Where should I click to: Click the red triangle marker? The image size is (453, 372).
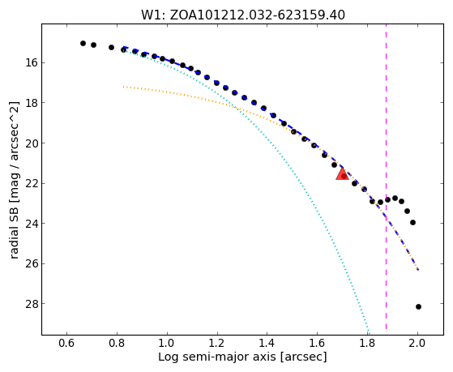[342, 174]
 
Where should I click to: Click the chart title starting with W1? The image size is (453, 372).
[243, 15]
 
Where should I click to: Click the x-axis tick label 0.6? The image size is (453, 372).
[66, 343]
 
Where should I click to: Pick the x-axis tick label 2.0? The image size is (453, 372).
[417, 343]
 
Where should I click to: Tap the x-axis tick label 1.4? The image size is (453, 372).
[267, 343]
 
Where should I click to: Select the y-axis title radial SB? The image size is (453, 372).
[14, 180]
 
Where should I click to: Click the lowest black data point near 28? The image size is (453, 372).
[418, 306]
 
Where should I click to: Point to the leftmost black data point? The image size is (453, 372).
[83, 43]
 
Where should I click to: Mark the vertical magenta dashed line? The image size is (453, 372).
[386, 180]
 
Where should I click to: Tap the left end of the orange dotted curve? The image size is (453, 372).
[124, 87]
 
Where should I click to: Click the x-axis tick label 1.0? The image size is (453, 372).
[167, 343]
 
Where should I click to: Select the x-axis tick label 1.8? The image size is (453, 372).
[367, 343]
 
